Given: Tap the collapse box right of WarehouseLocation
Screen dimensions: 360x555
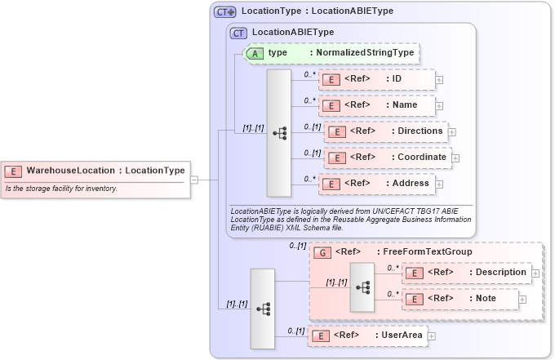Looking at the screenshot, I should click(x=194, y=179).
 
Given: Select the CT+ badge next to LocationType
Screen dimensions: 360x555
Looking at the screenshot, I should click(x=225, y=12).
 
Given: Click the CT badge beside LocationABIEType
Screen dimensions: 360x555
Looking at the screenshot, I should click(x=238, y=33).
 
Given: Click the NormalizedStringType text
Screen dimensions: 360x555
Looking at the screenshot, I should click(x=364, y=52).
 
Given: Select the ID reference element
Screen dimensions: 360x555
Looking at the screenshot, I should click(x=376, y=79).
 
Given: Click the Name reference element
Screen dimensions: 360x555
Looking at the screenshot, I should click(x=376, y=105).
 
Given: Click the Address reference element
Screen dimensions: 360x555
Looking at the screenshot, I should click(x=376, y=184).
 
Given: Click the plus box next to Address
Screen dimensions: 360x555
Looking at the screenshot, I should click(x=439, y=184).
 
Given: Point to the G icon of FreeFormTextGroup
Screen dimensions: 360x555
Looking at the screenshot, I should click(x=322, y=252).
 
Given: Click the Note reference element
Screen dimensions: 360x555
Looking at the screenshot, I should click(x=460, y=299).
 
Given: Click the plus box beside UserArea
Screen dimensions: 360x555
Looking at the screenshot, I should click(x=432, y=336).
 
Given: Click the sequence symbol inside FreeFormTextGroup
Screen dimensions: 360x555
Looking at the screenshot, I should click(x=362, y=287).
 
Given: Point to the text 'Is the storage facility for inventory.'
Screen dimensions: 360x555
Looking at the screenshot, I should click(x=61, y=189).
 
